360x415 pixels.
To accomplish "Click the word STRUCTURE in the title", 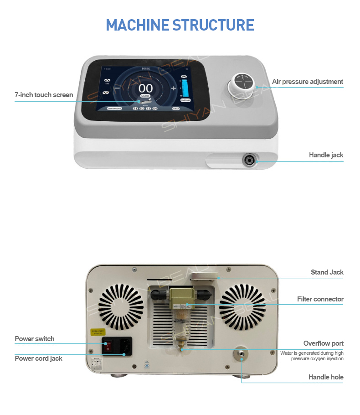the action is [213, 25].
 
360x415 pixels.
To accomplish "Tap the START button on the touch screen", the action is [145, 96].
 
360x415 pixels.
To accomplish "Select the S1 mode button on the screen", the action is [135, 109].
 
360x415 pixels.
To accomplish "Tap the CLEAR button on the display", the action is [176, 109].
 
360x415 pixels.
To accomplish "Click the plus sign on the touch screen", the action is [173, 88].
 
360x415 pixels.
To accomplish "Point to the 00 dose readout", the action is [145, 88].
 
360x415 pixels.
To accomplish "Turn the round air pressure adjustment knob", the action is [243, 84].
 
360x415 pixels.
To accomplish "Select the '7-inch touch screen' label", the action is [44, 95].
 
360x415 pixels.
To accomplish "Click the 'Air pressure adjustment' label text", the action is [308, 82].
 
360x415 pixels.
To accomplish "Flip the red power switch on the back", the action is [108, 347].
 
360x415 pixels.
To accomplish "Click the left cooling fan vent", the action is [120, 304].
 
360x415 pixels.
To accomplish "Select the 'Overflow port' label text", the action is [324, 343].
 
